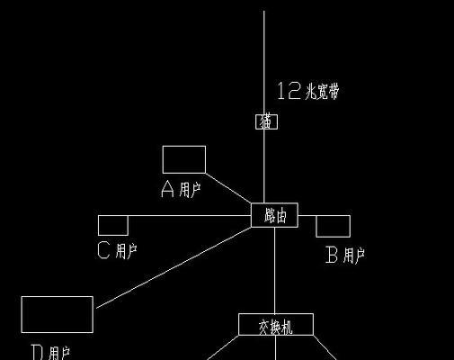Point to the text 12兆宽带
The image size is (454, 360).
(308, 91)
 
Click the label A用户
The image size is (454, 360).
(181, 189)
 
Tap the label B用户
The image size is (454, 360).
(345, 256)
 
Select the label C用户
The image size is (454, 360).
(118, 250)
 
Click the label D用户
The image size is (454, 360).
(50, 353)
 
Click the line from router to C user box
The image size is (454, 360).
(190, 215)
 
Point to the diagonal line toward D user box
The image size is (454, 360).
(174, 267)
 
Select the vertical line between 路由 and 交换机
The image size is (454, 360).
(275, 270)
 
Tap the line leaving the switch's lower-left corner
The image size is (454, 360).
(223, 347)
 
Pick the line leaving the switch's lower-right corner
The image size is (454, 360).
(325, 347)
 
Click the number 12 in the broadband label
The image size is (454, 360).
(289, 91)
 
